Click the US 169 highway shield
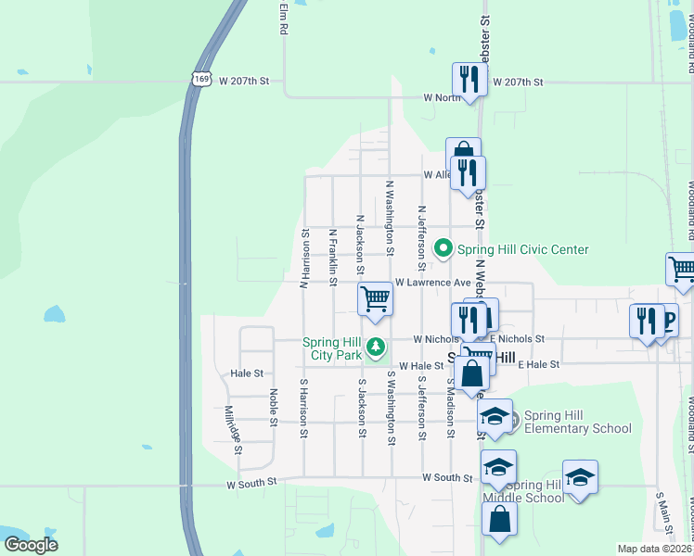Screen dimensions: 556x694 (x=201, y=81)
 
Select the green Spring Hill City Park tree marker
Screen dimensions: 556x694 (x=376, y=348)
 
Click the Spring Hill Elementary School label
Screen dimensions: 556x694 (x=577, y=422)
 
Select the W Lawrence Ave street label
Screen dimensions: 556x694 (x=433, y=282)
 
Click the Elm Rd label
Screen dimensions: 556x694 (x=283, y=18)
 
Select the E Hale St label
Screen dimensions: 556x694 (x=539, y=365)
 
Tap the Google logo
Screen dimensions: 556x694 (x=32, y=545)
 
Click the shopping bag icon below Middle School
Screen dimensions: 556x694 (x=499, y=522)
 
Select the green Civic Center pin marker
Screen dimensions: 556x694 (x=443, y=248)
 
